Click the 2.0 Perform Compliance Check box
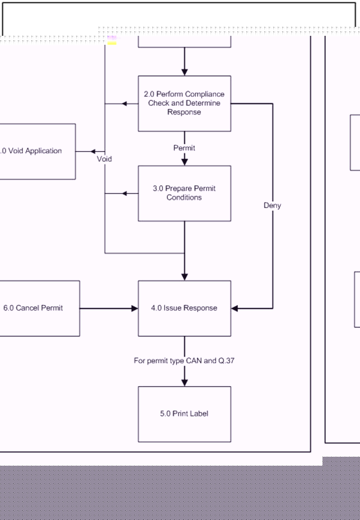tap(184, 103)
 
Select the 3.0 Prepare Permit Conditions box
tap(184, 193)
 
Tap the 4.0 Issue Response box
tap(184, 308)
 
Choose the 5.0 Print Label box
tap(184, 414)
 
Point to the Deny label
tap(272, 205)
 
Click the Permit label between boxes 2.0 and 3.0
tap(184, 148)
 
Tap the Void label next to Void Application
tap(104, 159)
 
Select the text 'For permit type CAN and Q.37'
tap(184, 361)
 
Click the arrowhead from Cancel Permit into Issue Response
tap(134, 308)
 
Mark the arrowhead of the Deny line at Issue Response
tap(235, 308)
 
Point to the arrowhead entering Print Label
tap(184, 382)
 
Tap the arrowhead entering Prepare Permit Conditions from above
tap(184, 161)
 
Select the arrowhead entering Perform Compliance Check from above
tap(184, 72)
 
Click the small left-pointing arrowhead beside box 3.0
tap(126, 194)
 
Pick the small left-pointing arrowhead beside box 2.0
tap(126, 104)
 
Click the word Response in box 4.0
tap(200, 308)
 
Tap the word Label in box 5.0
tap(199, 414)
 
